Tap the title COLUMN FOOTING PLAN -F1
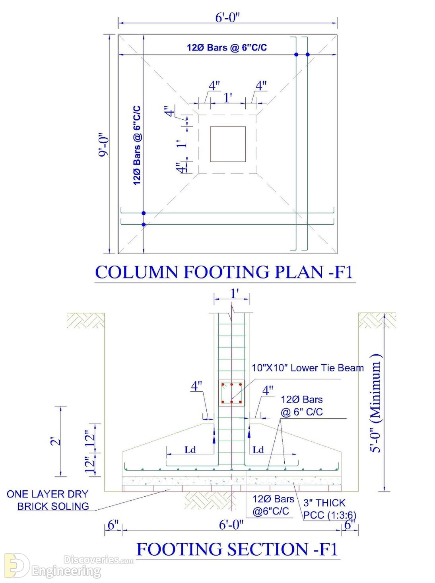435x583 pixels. pyautogui.click(x=224, y=272)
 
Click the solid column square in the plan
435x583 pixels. pyautogui.click(x=228, y=144)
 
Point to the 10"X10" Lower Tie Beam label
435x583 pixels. pyautogui.click(x=307, y=368)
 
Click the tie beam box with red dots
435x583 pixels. pyautogui.click(x=231, y=393)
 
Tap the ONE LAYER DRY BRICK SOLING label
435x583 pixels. pyautogui.click(x=48, y=500)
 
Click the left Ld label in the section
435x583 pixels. pyautogui.click(x=190, y=450)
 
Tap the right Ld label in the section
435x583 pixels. pyautogui.click(x=258, y=450)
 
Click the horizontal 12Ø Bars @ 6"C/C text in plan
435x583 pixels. pyautogui.click(x=227, y=48)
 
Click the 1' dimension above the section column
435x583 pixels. pyautogui.click(x=235, y=294)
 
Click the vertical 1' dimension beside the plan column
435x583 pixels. pyautogui.click(x=182, y=144)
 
